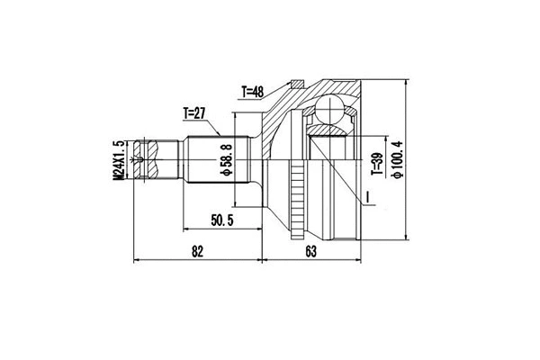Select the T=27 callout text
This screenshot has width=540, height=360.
(196, 113)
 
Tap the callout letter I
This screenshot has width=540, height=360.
(367, 197)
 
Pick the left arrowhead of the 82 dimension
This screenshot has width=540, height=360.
(137, 262)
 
